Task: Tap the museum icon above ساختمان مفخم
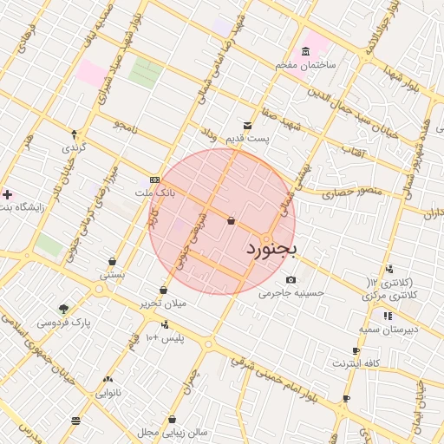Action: [x=304, y=51]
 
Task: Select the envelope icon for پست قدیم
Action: [x=248, y=125]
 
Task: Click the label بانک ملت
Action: [x=155, y=193]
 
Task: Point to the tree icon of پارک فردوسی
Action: [x=63, y=309]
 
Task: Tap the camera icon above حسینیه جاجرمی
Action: [x=291, y=279]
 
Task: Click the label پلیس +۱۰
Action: [x=165, y=336]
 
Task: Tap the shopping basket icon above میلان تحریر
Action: [x=164, y=291]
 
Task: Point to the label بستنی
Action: [x=113, y=275]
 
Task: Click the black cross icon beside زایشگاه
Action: [x=9, y=194]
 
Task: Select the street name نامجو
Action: [x=123, y=126]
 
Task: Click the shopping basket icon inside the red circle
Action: [x=231, y=221]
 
